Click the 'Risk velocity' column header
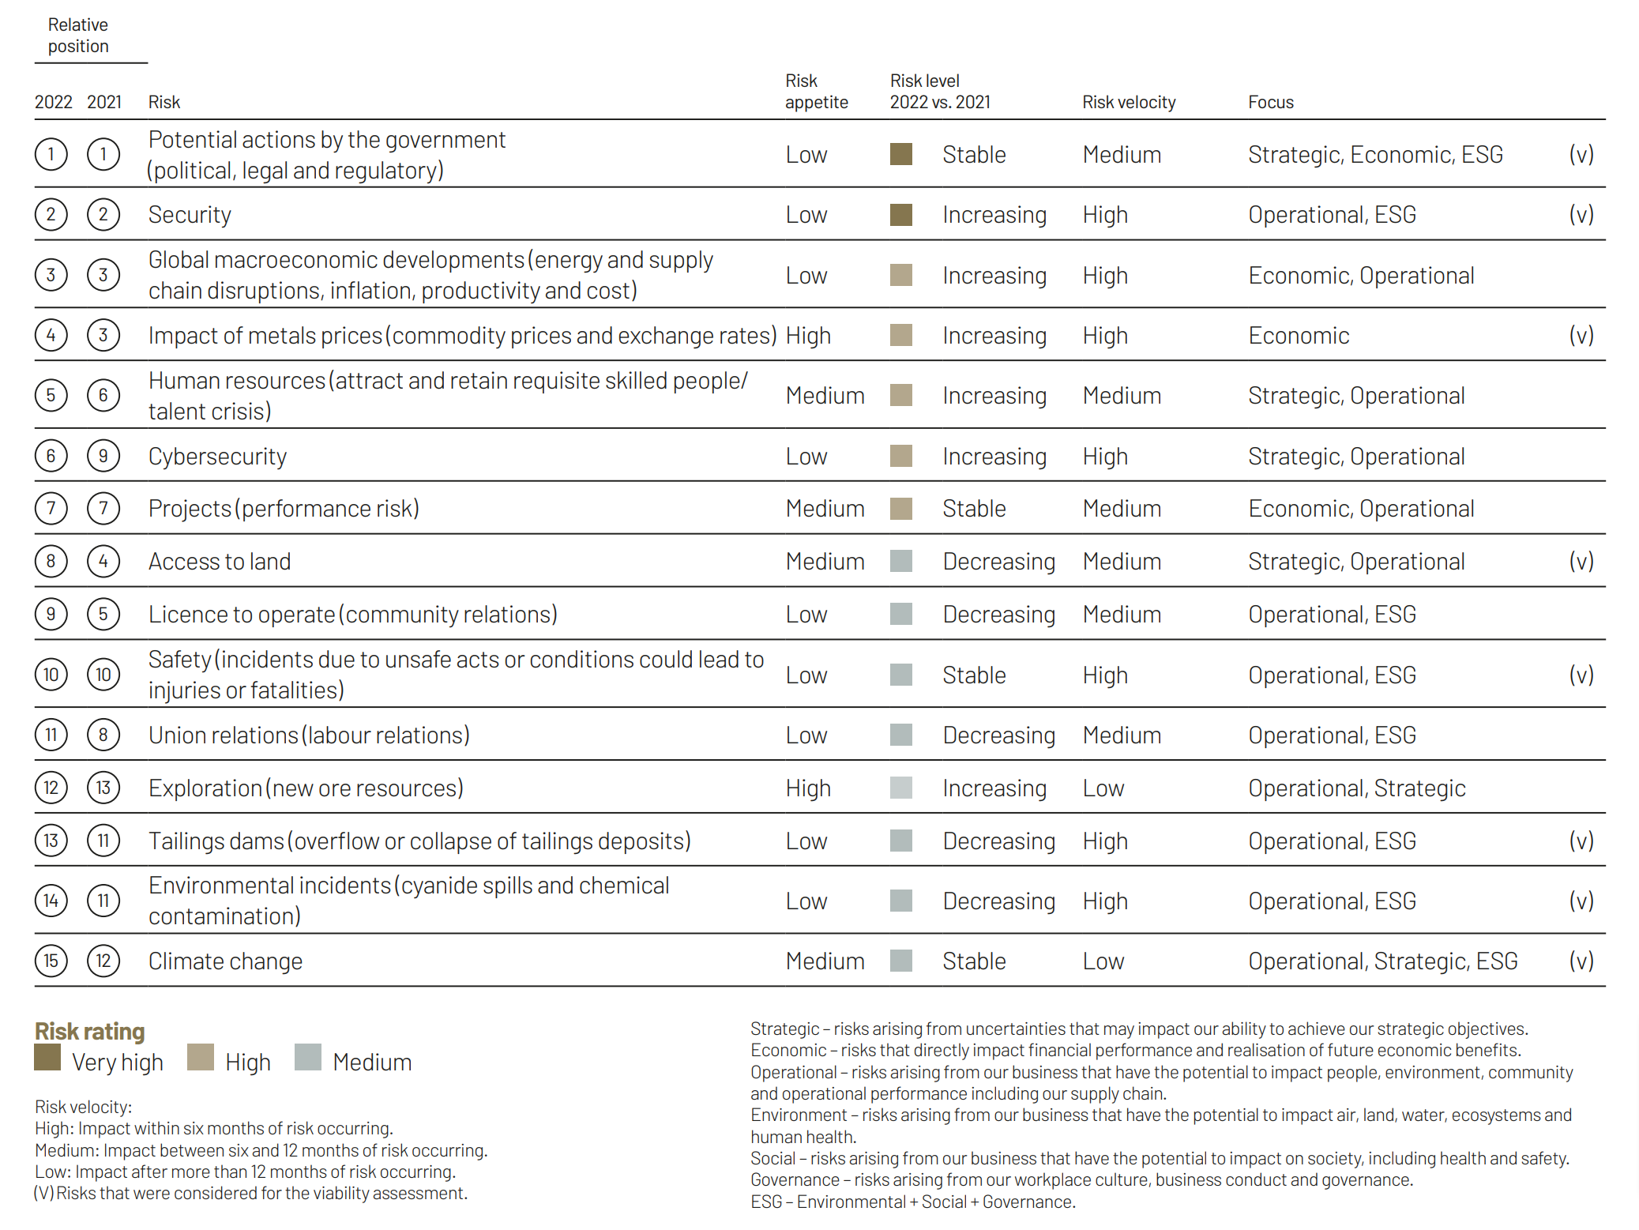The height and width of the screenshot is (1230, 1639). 1128,102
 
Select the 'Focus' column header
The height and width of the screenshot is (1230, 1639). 1270,102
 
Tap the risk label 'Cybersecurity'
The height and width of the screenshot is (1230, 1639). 217,457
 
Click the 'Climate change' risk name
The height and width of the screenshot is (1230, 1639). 225,961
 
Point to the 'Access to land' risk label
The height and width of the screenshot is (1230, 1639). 220,562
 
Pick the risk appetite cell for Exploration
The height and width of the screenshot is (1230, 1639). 807,788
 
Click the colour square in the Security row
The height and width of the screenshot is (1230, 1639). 900,215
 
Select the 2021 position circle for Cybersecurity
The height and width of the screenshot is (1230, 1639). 103,456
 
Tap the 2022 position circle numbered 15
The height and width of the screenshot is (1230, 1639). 51,961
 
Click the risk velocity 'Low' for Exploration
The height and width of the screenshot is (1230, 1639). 1103,788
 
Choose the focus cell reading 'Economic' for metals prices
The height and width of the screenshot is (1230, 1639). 1298,336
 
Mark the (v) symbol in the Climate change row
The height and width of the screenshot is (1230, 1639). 1581,961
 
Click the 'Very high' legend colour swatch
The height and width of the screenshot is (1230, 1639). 47,1057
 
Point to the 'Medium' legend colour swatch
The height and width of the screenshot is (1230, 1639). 307,1057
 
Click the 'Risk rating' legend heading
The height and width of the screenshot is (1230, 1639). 89,1031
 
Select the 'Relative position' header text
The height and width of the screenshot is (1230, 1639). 78,36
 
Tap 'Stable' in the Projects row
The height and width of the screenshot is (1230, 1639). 973,509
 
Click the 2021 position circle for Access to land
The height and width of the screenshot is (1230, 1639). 103,562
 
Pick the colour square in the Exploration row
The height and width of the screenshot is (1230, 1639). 900,788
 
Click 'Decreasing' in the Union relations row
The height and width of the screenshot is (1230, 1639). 998,735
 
